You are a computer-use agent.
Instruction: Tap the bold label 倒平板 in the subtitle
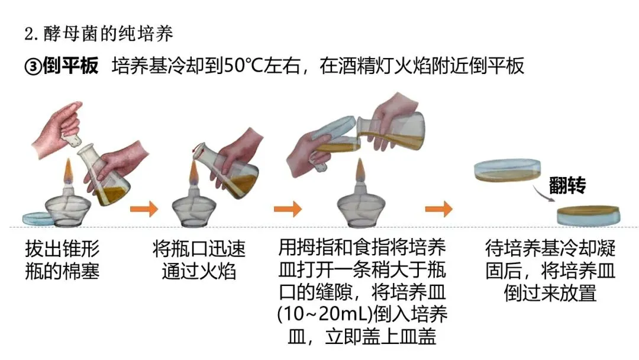pos(70,66)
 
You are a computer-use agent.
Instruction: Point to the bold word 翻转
pos(567,185)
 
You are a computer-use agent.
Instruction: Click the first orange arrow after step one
pos(144,208)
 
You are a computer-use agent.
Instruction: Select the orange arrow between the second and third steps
pos(288,208)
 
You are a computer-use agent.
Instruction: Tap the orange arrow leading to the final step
pos(438,208)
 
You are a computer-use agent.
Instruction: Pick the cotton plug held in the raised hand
pos(74,139)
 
